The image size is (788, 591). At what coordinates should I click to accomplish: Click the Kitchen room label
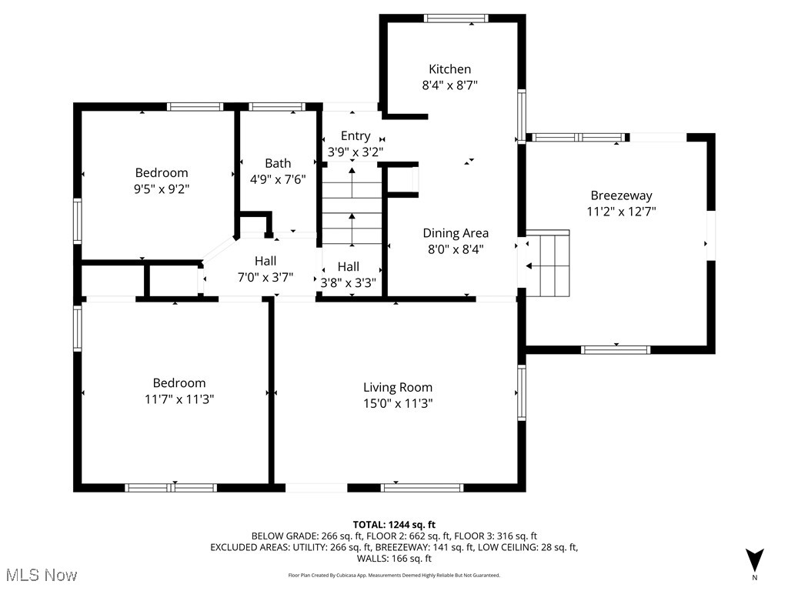tap(449, 69)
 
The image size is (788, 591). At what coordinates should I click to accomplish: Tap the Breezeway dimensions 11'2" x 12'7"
tap(623, 211)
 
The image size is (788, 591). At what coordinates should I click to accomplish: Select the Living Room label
tap(397, 388)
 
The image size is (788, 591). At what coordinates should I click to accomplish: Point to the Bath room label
tap(278, 163)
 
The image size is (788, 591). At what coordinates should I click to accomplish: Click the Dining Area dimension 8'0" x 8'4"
tap(456, 249)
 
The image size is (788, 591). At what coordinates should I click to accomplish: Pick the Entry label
tap(355, 136)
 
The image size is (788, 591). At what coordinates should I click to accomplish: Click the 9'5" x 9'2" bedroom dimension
tap(162, 188)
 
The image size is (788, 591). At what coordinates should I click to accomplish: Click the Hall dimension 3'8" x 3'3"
tap(348, 282)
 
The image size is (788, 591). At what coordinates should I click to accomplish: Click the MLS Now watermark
tap(39, 575)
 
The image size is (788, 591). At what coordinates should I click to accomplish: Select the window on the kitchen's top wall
tap(456, 18)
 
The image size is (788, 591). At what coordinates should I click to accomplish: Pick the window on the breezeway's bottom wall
tap(616, 349)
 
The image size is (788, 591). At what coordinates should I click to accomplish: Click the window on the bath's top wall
tap(276, 107)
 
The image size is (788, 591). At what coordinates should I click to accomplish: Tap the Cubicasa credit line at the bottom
tap(394, 575)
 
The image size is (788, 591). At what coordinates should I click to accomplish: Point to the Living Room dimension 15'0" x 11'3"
tap(397, 403)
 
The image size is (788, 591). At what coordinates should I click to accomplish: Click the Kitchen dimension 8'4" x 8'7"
tap(449, 85)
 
